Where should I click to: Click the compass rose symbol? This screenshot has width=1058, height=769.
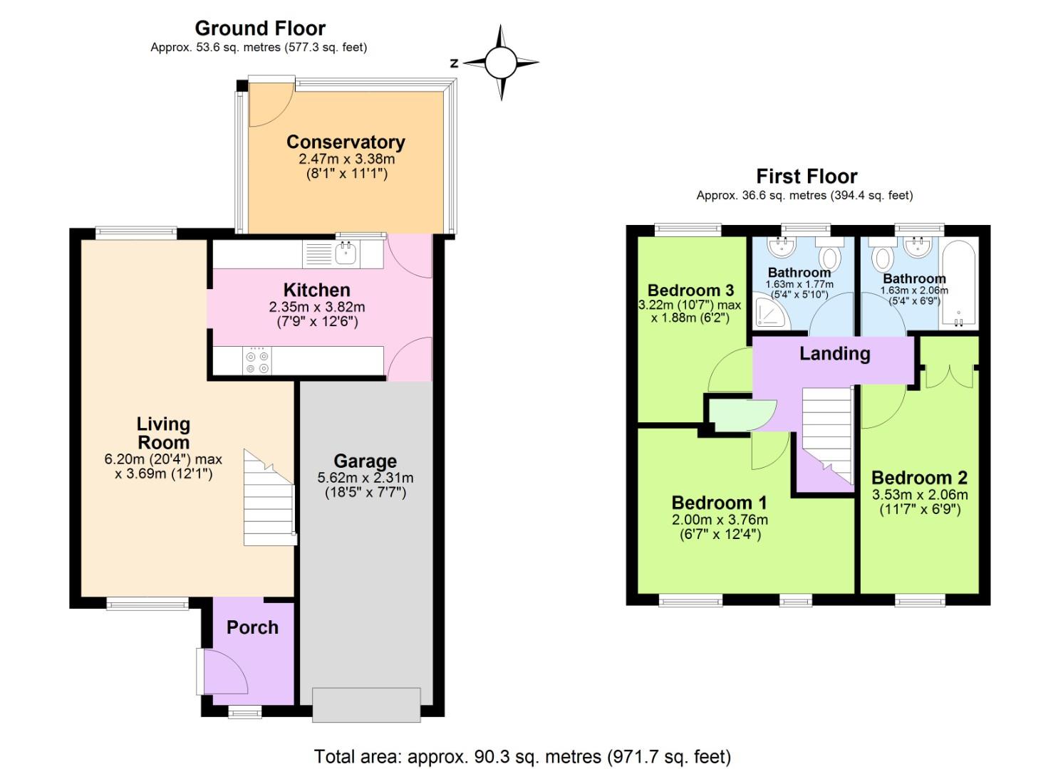coord(501,63)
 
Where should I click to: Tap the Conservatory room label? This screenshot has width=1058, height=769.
coord(346,142)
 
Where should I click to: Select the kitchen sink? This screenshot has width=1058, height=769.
coord(346,253)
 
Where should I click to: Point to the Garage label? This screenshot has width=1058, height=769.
coord(365,461)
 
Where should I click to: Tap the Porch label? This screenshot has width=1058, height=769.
coord(252,627)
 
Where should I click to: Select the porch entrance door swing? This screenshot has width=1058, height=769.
coord(224,671)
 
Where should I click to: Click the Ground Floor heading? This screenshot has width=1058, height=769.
coord(260,28)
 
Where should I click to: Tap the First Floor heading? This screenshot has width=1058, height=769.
coord(807,176)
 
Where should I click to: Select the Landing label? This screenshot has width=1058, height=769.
coord(834,354)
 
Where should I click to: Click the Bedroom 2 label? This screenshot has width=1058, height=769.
coord(919,478)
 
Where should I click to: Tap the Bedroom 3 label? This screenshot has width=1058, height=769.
coord(690,291)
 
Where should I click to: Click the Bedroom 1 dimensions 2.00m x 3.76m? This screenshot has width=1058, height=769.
coord(720,520)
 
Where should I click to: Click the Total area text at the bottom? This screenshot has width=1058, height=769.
coord(522,755)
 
